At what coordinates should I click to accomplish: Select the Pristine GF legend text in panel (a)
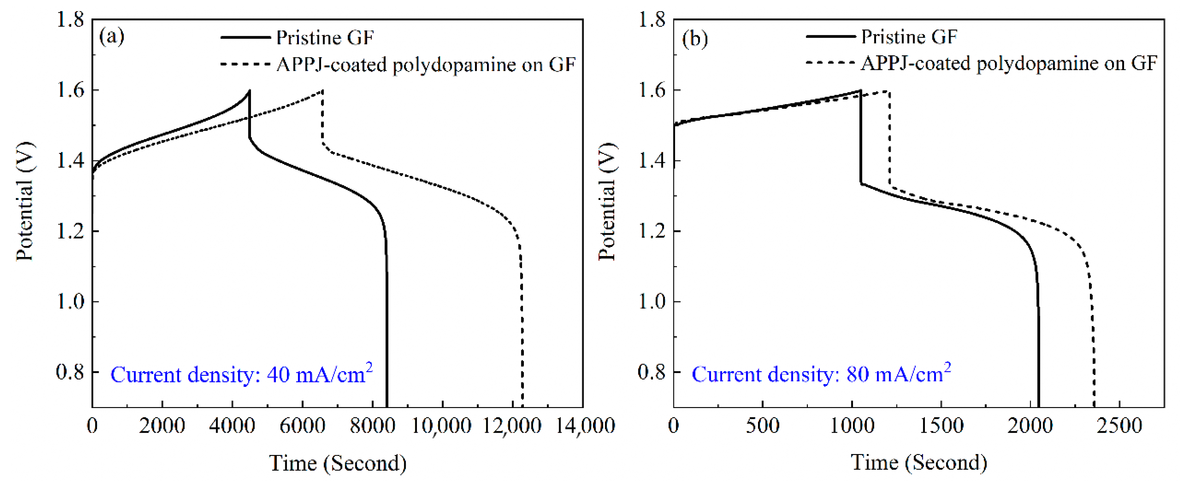coord(325,37)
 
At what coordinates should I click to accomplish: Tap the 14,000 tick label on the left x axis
coord(584,426)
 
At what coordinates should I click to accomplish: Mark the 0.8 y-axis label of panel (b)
coord(651,372)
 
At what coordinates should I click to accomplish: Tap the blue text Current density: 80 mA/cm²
coord(821,373)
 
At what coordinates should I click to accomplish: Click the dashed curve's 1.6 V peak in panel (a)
coord(322,91)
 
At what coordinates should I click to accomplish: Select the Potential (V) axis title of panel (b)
coord(607,201)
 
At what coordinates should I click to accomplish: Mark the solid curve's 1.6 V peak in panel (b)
coord(860,91)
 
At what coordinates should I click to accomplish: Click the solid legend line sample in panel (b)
coord(830,36)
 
